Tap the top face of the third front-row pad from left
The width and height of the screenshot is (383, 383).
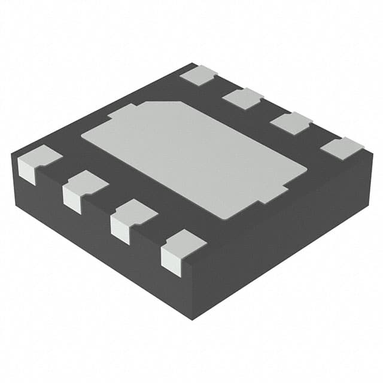pyautogui.click(x=136, y=211)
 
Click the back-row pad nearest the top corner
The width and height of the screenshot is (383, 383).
pyautogui.click(x=199, y=75)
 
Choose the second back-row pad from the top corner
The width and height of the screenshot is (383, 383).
pyautogui.click(x=243, y=98)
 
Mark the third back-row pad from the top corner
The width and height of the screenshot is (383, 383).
pyautogui.click(x=291, y=122)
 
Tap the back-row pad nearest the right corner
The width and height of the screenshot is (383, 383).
pyautogui.click(x=342, y=147)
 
